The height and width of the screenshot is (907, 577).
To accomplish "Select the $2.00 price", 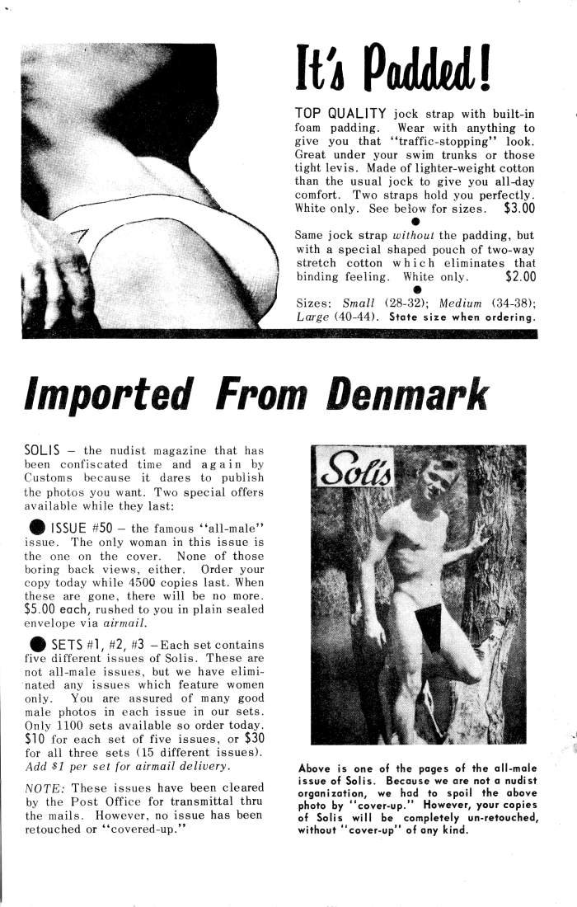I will point(519,277).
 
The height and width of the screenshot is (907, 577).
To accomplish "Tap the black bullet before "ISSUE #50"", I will point(37,527).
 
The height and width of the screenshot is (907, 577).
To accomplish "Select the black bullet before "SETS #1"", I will point(37,644).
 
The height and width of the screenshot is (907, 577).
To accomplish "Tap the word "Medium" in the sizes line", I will point(461,303).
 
